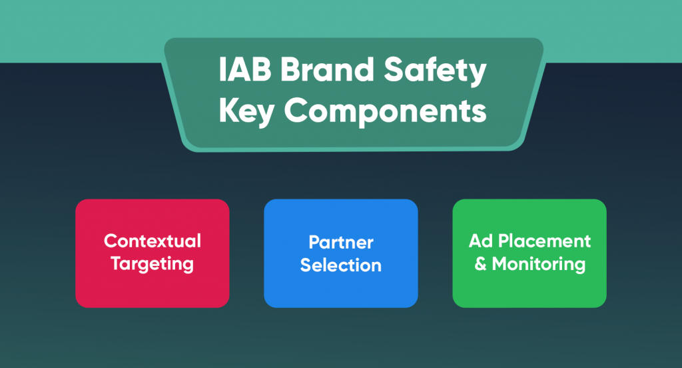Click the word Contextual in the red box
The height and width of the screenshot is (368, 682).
click(153, 241)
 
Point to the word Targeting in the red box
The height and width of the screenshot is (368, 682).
click(153, 263)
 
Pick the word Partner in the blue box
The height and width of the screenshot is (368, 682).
click(340, 242)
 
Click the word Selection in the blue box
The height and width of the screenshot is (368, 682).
click(340, 265)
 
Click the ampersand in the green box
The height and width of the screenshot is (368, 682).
click(480, 264)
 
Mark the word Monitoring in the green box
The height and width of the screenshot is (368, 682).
click(539, 264)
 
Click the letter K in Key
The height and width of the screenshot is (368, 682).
click(227, 111)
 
